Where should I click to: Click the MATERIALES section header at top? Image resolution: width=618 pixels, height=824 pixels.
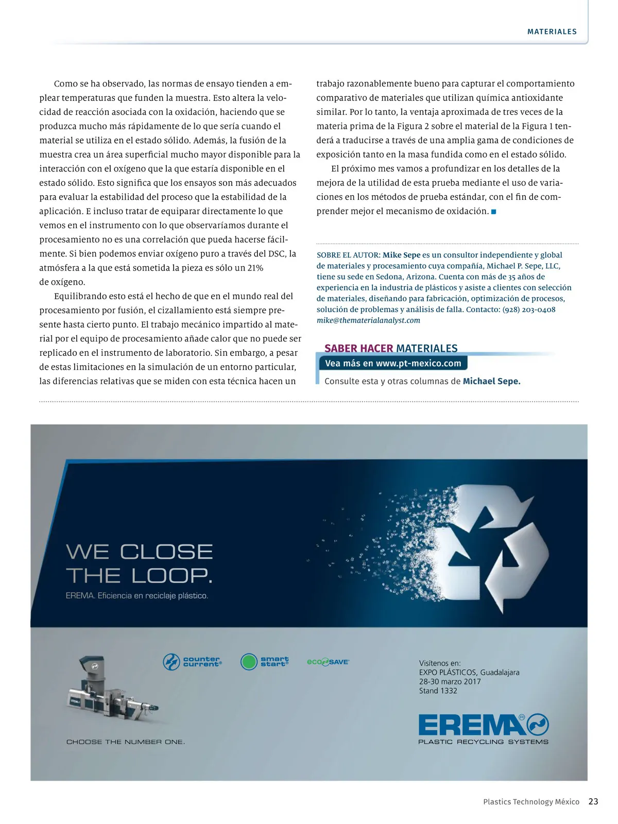click(x=552, y=31)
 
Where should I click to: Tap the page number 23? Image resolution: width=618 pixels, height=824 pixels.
click(x=593, y=801)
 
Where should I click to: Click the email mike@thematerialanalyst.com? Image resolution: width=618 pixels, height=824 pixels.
click(x=368, y=320)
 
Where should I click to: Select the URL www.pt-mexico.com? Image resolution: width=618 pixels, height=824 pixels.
click(x=418, y=363)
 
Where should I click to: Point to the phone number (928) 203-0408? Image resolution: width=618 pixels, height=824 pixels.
click(x=529, y=310)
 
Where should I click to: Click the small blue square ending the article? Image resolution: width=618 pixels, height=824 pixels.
click(x=493, y=212)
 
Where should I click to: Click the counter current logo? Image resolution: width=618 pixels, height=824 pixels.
click(x=192, y=662)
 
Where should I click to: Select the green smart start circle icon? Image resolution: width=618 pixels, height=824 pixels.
click(x=249, y=662)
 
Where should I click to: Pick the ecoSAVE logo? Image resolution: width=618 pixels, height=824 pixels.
click(x=328, y=662)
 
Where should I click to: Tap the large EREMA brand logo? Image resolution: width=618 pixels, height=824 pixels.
click(x=483, y=725)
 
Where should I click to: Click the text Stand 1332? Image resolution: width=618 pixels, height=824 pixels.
click(x=438, y=691)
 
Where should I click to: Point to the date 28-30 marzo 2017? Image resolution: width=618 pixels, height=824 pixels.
click(x=450, y=681)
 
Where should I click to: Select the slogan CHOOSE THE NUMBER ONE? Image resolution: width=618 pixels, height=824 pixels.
click(x=126, y=742)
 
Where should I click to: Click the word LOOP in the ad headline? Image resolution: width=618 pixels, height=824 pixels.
click(x=171, y=575)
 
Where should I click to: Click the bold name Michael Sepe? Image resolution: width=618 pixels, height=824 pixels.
click(x=491, y=381)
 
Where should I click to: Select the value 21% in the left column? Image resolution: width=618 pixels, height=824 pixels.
click(x=255, y=268)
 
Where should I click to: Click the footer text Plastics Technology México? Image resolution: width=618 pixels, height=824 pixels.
click(x=531, y=802)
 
